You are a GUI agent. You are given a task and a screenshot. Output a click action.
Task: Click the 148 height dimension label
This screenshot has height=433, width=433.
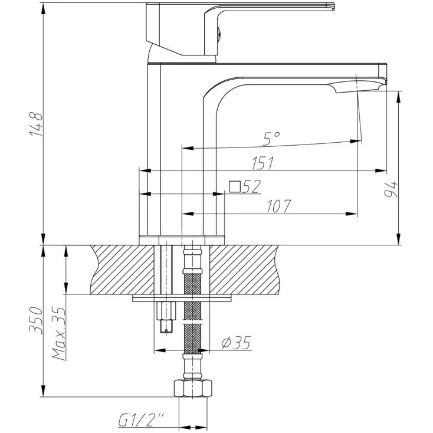[x=37, y=124]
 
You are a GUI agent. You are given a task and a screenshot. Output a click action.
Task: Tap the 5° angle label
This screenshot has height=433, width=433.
[x=271, y=139]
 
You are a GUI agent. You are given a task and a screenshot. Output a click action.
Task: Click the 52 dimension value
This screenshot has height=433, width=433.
[x=251, y=186]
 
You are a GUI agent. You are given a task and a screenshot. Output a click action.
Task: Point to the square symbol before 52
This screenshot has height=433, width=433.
[x=235, y=186]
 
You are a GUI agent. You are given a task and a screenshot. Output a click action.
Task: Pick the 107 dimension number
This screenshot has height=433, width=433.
[x=278, y=206]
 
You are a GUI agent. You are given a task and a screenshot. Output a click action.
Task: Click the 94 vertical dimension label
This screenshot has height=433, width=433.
[x=391, y=189]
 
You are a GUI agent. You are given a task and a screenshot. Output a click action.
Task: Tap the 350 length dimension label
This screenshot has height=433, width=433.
[x=36, y=320]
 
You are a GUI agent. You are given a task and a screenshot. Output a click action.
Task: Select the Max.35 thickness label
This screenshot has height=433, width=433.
[x=59, y=333]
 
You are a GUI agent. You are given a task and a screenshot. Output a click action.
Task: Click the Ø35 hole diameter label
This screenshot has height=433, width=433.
[x=236, y=343]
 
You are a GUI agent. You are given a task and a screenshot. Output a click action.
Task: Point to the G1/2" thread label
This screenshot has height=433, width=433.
[x=141, y=420]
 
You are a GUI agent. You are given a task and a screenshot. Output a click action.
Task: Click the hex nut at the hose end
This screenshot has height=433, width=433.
[x=193, y=389]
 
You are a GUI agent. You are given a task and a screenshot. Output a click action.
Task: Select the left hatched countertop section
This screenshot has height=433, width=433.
[x=122, y=270]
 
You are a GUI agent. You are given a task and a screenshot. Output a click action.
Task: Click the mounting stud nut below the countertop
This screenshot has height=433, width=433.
[x=166, y=311]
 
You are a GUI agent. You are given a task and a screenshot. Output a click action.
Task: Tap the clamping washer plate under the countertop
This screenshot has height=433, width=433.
[x=182, y=298]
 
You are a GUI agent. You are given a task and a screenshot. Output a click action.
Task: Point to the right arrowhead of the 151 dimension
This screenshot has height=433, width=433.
[x=381, y=170]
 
